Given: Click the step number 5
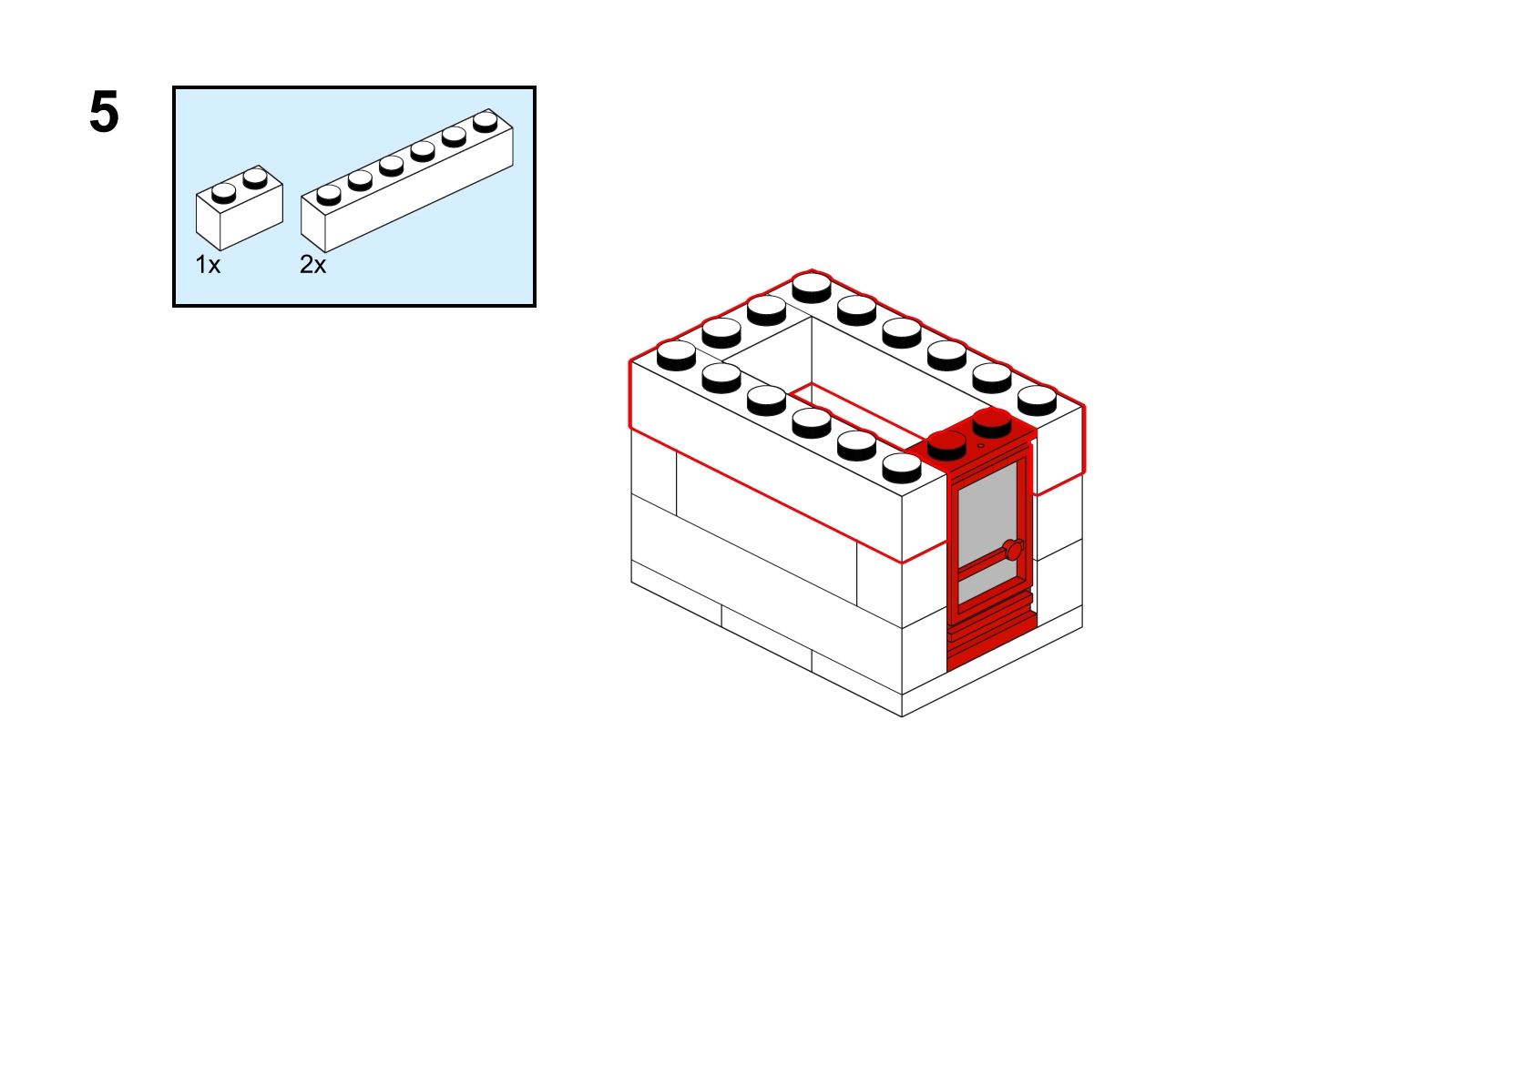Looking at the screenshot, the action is [x=104, y=112].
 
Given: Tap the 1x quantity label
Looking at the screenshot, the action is [x=208, y=264].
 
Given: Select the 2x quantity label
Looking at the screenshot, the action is [x=313, y=264].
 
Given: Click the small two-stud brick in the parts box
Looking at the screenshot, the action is [x=239, y=208].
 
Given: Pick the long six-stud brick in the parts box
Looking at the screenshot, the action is [x=407, y=180].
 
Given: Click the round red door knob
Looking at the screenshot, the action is [x=1013, y=549].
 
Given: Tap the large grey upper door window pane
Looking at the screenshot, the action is [x=987, y=514].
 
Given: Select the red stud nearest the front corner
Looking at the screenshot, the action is [x=946, y=446].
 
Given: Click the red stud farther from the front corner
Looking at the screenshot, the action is [x=992, y=423].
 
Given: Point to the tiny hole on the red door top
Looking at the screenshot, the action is [x=981, y=446].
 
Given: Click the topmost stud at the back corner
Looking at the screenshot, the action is [x=812, y=288].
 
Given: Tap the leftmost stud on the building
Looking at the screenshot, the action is [x=676, y=355].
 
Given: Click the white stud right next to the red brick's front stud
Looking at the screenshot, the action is [x=902, y=468].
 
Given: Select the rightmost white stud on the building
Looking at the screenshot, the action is [x=1037, y=401].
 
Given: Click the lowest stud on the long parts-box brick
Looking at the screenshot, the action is [x=329, y=195].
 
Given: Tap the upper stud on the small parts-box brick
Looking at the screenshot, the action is [x=255, y=178].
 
